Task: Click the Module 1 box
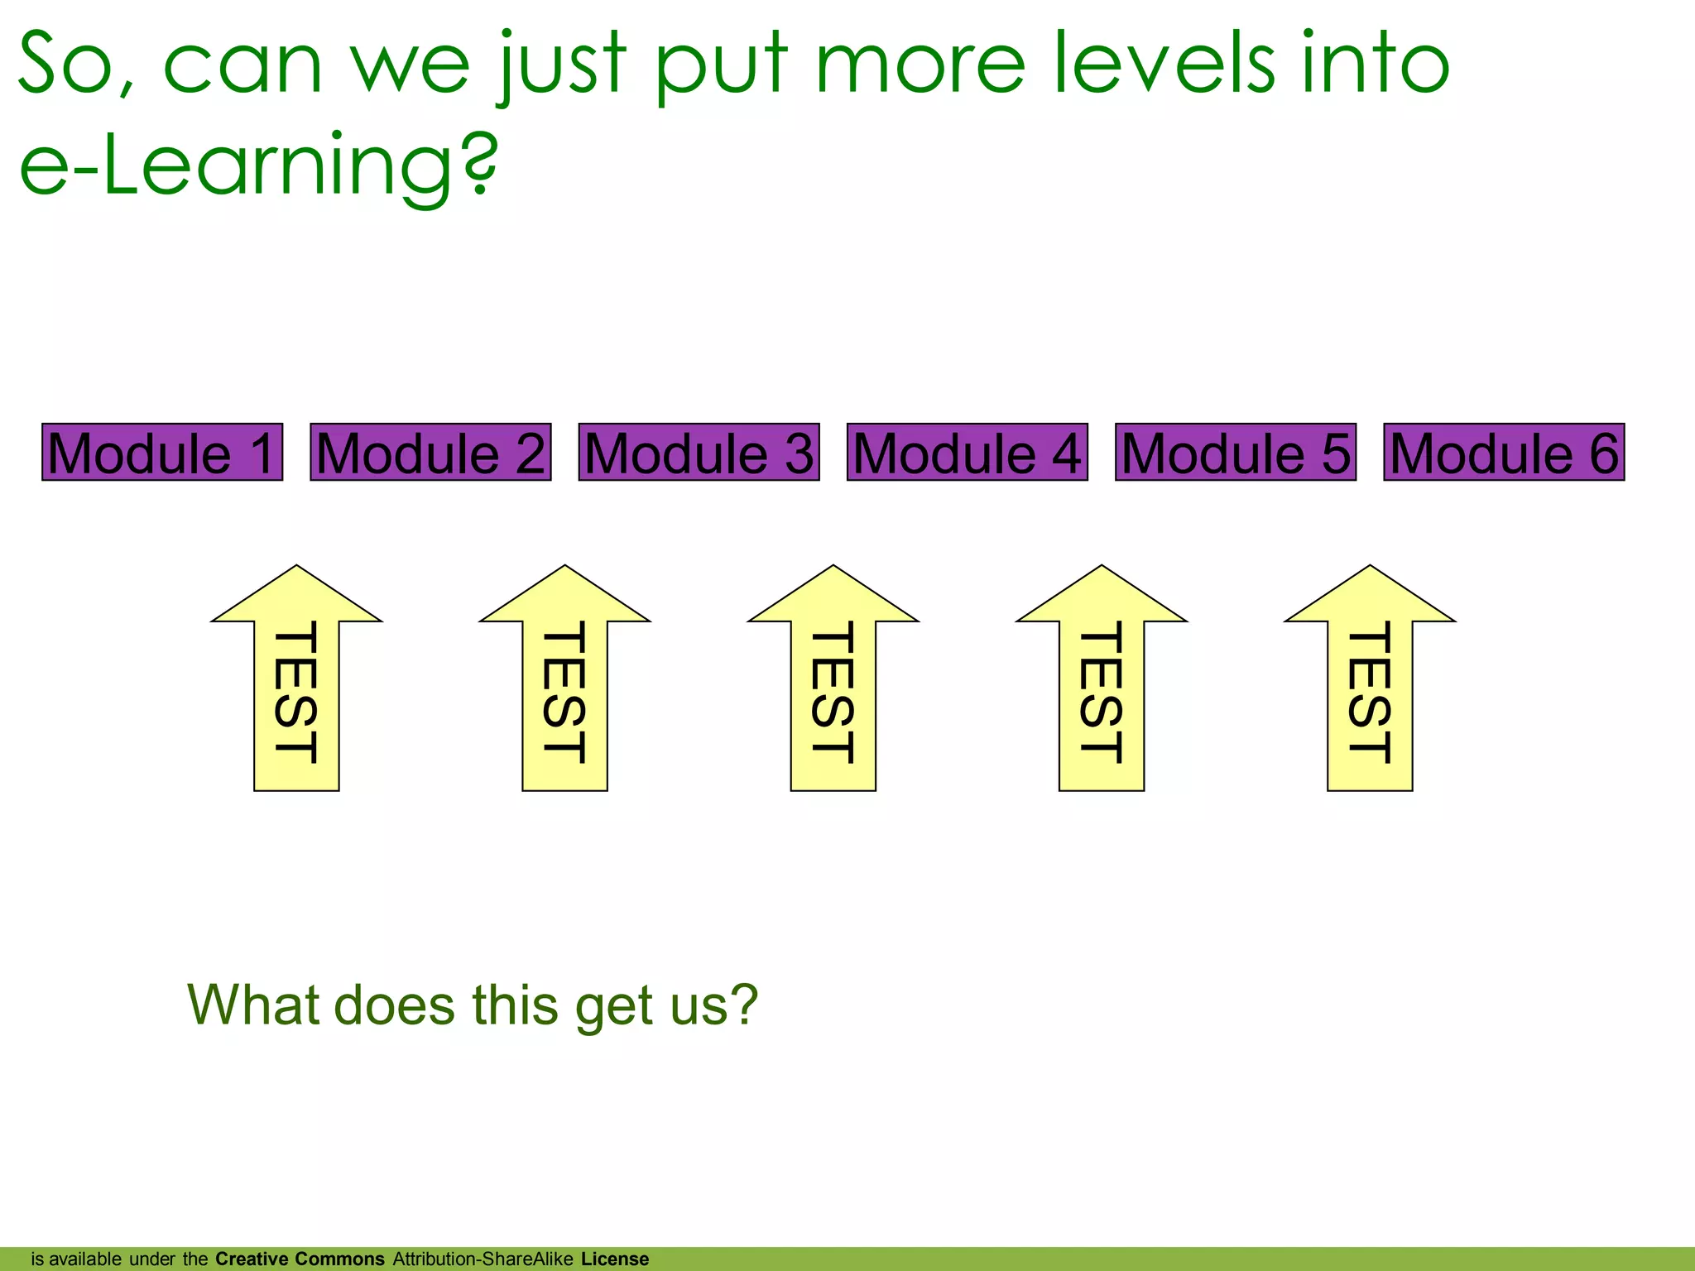click(x=162, y=452)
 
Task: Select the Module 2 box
click(x=430, y=452)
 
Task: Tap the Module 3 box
click(x=699, y=452)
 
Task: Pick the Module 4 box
click(x=967, y=452)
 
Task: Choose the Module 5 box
click(x=1235, y=452)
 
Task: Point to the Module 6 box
click(x=1504, y=452)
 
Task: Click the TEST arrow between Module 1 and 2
click(x=296, y=687)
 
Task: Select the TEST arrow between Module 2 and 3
click(x=564, y=687)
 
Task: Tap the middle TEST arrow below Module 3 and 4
click(x=833, y=687)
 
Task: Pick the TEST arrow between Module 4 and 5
click(x=1101, y=687)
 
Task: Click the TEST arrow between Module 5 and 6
click(x=1370, y=687)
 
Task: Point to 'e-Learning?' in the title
click(x=258, y=165)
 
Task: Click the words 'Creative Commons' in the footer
click(x=300, y=1259)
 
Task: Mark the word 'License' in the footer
click(x=615, y=1259)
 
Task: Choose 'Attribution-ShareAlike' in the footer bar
click(x=483, y=1259)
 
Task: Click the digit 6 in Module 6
click(x=1604, y=453)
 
